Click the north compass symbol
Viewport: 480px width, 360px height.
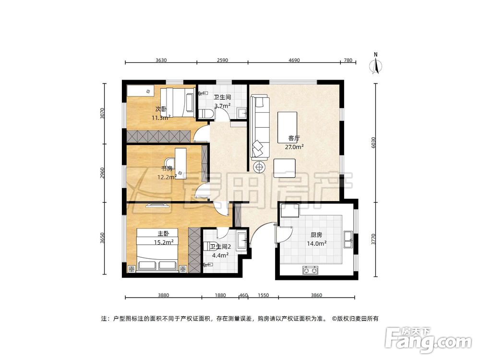tap(376, 64)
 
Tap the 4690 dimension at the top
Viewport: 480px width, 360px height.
tap(294, 60)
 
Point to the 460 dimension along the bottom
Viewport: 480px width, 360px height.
tap(243, 295)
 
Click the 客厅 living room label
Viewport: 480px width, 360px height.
tap(294, 138)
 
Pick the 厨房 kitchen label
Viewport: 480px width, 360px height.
tap(316, 235)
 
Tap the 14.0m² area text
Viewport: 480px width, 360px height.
tap(316, 244)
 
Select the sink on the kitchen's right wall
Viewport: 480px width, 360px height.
tap(348, 240)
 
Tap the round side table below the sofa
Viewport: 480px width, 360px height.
tap(260, 167)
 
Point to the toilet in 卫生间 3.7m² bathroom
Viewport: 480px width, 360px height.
tap(206, 114)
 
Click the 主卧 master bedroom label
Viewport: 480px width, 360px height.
tap(163, 234)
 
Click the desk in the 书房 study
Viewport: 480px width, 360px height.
tap(180, 163)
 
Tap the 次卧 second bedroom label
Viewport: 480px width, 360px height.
tap(161, 109)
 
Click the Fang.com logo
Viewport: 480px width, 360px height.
tap(429, 340)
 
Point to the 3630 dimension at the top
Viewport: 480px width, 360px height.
tap(161, 60)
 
